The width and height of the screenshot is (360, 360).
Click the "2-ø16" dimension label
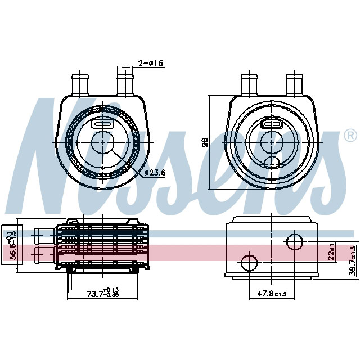click(x=151, y=64)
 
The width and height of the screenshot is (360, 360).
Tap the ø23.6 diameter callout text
click(x=154, y=173)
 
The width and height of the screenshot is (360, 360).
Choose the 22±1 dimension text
click(x=332, y=252)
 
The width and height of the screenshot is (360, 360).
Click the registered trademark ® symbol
click(x=349, y=136)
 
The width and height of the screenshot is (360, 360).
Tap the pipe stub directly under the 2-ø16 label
click(x=124, y=84)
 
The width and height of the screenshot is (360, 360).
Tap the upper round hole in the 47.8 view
click(x=295, y=242)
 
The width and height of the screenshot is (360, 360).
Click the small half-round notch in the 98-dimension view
click(x=272, y=163)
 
